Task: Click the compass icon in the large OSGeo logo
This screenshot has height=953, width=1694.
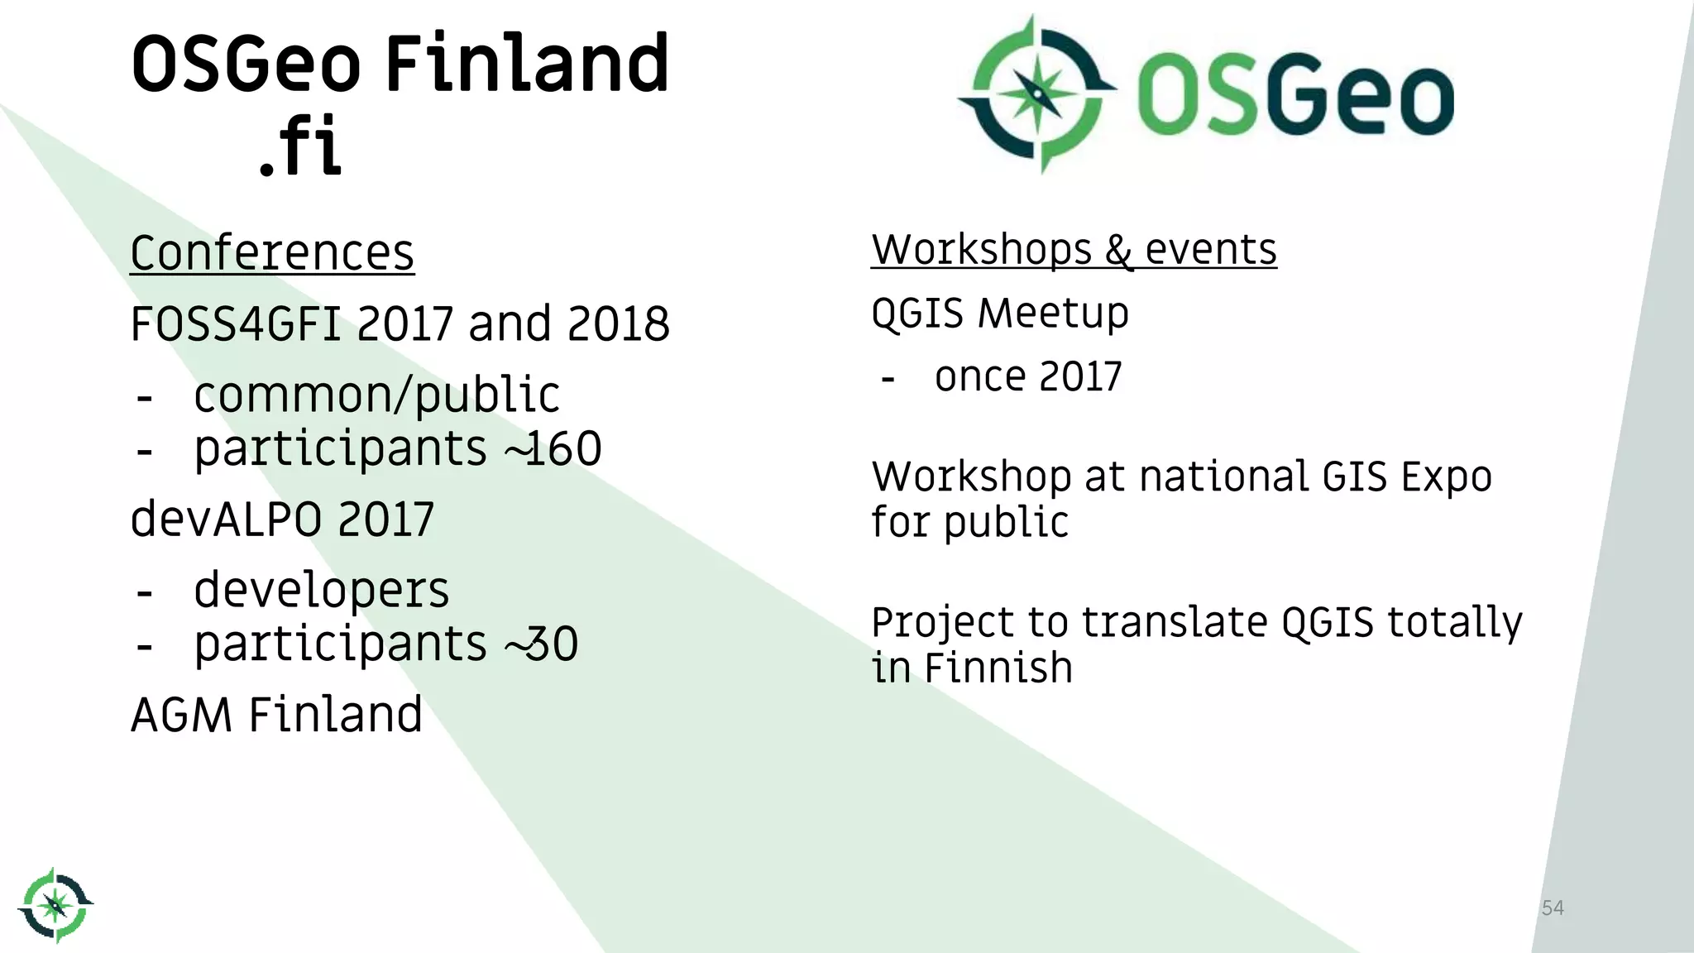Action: coord(1037,93)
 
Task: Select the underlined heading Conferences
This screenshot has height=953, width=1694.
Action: coord(272,253)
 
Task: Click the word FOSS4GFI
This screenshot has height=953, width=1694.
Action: coord(236,324)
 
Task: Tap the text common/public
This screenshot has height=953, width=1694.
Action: coord(376,395)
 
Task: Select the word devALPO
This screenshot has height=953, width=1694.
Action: coord(227,520)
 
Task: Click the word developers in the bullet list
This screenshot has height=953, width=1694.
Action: coord(321,591)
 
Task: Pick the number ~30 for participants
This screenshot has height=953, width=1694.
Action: coord(542,644)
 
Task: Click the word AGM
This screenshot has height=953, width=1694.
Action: coord(181,716)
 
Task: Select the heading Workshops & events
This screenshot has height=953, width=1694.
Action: coord(1074,250)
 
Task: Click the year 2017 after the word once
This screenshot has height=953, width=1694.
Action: coord(1079,377)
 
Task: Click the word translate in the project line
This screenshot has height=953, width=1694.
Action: coord(1174,622)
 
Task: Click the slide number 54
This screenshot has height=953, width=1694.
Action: coord(1553,908)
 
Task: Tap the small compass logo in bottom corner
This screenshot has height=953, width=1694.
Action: coord(55,905)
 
